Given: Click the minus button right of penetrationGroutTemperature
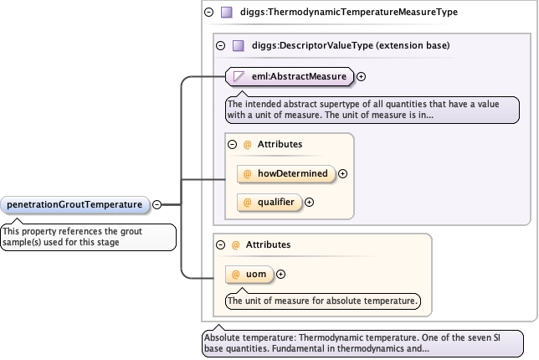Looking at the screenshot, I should [x=157, y=203].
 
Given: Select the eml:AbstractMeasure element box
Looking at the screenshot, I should [x=288, y=77].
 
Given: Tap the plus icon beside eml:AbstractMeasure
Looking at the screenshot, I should [x=362, y=77].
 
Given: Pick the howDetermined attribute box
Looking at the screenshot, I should [x=285, y=173].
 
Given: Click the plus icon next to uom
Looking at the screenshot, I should [x=280, y=274].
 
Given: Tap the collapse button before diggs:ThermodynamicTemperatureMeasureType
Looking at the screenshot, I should [x=208, y=13].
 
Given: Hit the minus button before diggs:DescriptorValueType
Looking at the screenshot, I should [x=220, y=46].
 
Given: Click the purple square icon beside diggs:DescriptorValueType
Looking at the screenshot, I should [x=238, y=46].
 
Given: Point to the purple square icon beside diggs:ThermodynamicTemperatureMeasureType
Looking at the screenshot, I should [x=226, y=13].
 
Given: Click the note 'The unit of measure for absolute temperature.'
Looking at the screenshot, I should [x=324, y=300].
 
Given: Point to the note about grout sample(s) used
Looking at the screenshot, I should [x=88, y=237].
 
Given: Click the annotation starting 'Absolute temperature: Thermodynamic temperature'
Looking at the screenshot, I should [x=362, y=343].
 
